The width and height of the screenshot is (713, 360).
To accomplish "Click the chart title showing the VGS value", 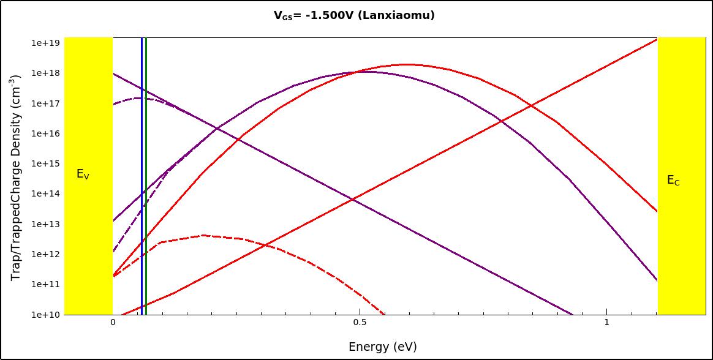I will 353,15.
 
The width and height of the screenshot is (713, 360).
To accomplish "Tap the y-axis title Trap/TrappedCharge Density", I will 17,179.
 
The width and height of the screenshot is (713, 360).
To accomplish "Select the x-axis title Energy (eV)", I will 382,347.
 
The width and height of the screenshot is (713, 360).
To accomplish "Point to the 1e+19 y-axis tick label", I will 45,43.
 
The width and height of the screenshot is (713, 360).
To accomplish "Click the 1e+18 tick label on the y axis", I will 45,73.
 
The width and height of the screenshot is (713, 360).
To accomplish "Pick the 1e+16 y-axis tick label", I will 45,133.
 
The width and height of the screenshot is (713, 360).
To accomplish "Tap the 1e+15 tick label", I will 45,163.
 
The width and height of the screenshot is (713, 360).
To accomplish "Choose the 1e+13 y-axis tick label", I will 45,224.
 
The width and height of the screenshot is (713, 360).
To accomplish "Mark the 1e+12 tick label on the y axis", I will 45,254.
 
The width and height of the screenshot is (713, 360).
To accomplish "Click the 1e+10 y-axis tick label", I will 45,315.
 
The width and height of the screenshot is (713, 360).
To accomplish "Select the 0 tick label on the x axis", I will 113,322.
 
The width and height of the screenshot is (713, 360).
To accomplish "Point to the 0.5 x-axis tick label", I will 360,322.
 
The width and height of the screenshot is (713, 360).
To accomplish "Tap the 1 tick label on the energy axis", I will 606,322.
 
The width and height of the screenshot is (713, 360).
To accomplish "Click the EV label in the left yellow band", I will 83,174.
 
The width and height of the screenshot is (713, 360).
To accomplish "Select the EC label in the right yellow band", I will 673,181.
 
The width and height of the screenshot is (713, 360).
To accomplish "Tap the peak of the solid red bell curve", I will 406,64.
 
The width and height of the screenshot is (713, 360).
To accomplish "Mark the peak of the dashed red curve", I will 203,235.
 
